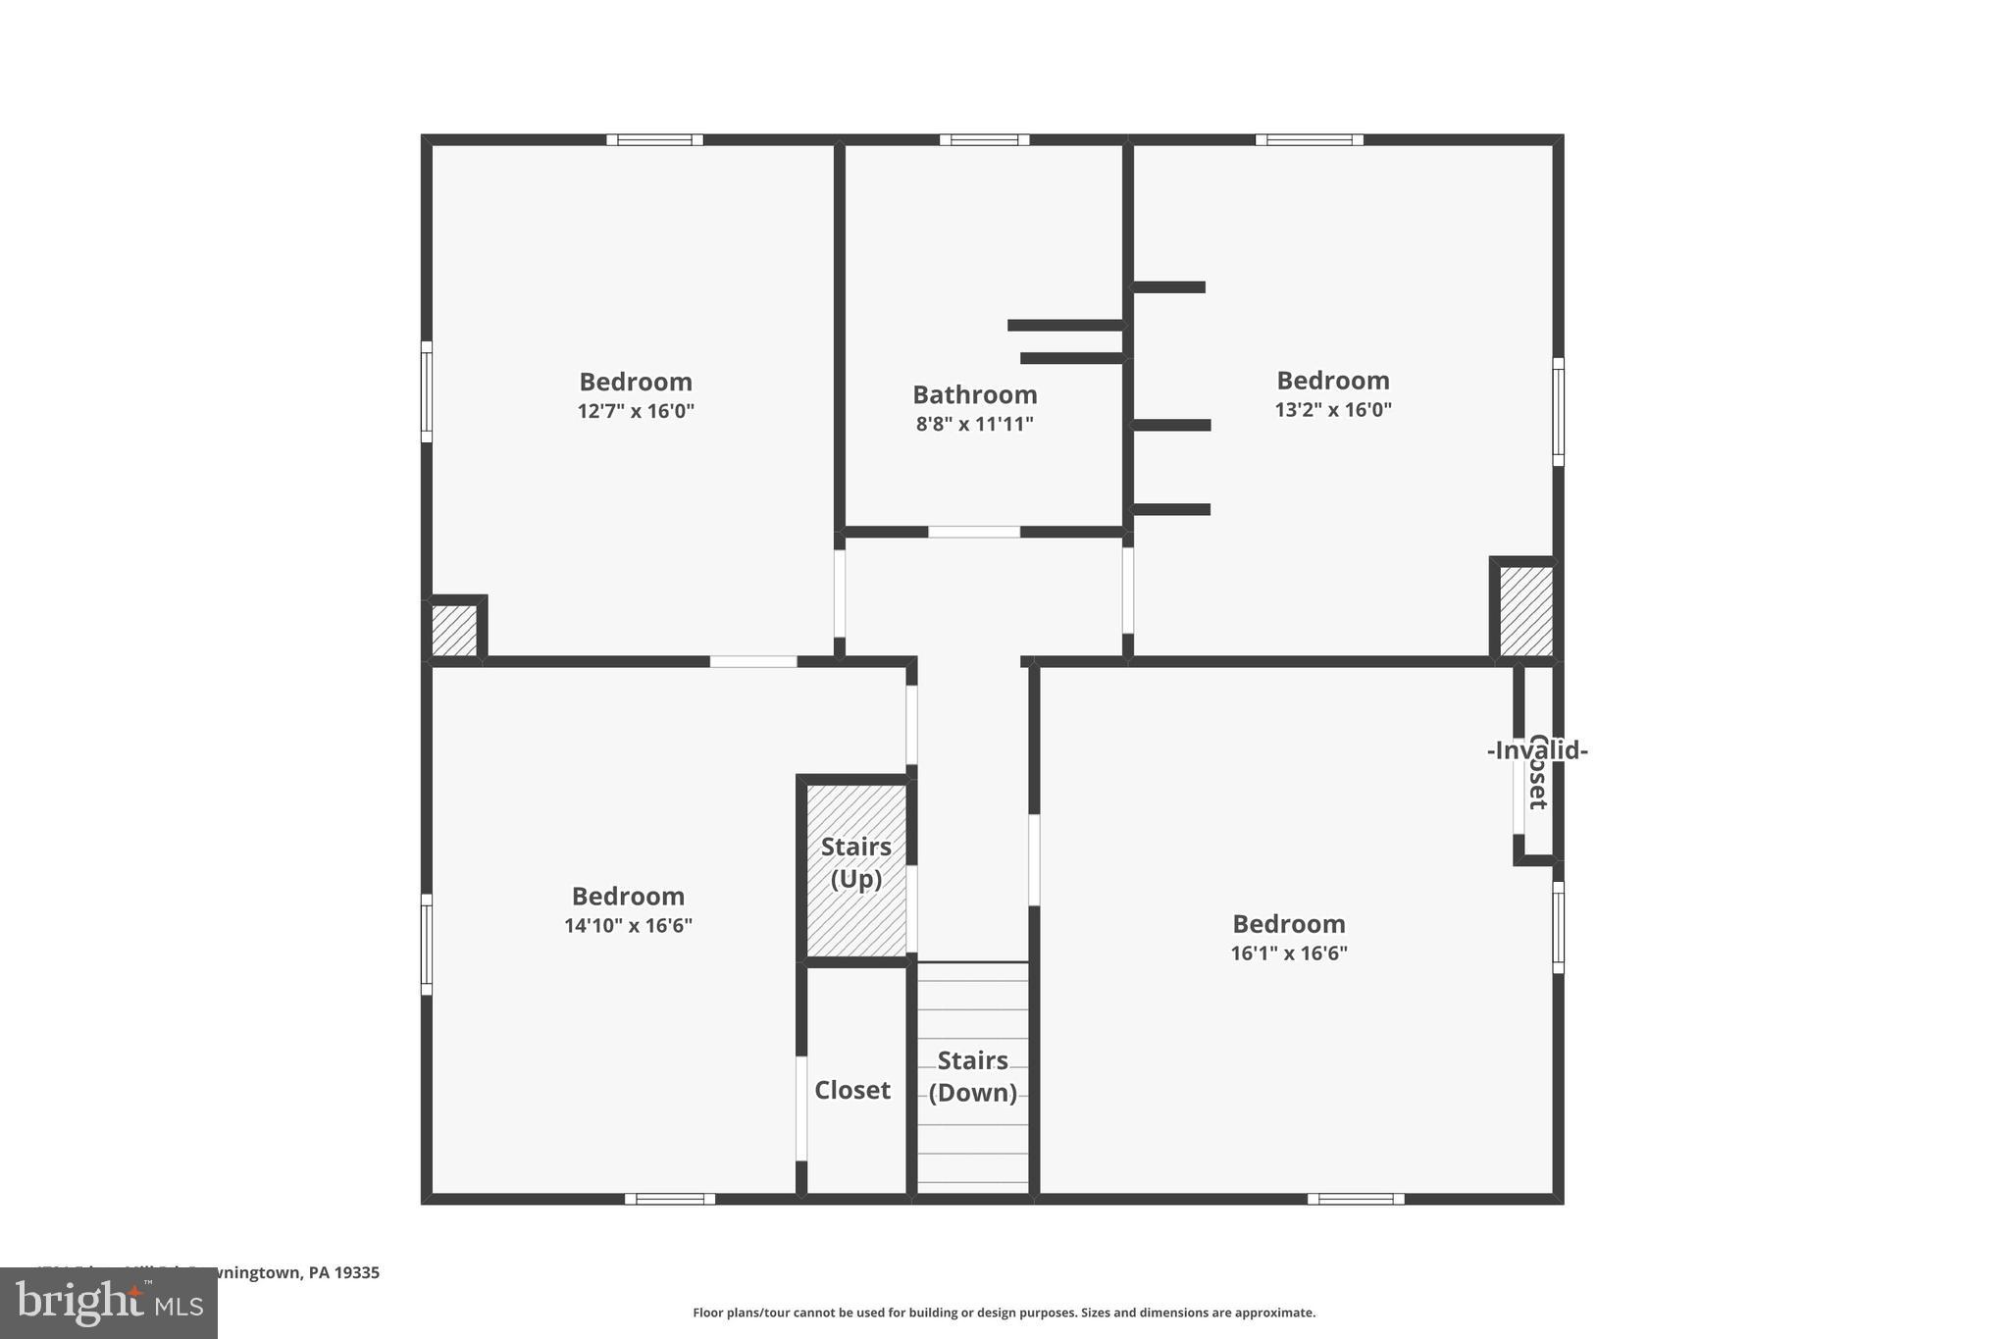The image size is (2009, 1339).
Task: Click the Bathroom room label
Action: click(974, 394)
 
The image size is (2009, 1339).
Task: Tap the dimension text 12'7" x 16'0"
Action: click(636, 411)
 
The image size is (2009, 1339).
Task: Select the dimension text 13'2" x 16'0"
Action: click(1333, 410)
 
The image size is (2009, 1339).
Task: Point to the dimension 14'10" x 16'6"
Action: click(628, 925)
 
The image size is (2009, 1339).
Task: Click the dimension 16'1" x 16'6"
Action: click(1289, 953)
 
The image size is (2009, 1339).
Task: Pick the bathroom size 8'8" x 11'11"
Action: click(974, 424)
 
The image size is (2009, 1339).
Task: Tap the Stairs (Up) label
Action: click(855, 862)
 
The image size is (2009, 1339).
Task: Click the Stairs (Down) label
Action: click(972, 1076)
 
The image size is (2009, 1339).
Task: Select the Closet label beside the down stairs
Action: click(851, 1090)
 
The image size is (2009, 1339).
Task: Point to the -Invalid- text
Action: click(1537, 750)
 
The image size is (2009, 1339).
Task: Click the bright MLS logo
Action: click(109, 1303)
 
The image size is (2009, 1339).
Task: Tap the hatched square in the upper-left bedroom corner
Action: click(454, 630)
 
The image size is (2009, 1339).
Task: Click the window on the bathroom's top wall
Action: click(984, 139)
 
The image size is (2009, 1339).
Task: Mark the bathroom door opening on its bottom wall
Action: click(974, 532)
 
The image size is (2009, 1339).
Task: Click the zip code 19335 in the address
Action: click(357, 1272)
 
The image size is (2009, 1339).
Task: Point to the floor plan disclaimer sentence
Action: click(1004, 1313)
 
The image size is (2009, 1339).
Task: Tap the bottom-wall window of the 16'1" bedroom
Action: click(1355, 1199)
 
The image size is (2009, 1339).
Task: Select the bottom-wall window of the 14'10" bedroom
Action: click(670, 1199)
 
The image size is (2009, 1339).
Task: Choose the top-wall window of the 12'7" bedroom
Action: click(654, 139)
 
